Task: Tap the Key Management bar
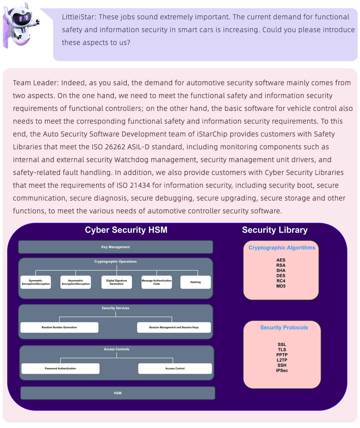click(x=116, y=247)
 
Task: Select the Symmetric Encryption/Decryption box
click(x=36, y=282)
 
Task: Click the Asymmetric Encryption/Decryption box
click(x=76, y=282)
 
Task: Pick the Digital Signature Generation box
click(x=117, y=282)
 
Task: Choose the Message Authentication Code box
click(x=157, y=282)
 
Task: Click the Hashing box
click(x=195, y=282)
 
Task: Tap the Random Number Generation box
click(x=59, y=327)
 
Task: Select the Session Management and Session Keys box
click(x=174, y=327)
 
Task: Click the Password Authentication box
click(x=60, y=369)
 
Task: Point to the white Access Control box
click(x=175, y=369)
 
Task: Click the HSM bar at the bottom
click(x=118, y=393)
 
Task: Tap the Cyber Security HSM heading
click(x=126, y=230)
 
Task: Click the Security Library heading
click(x=275, y=230)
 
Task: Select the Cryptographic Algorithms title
click(x=282, y=248)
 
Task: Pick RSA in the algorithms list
click(x=281, y=265)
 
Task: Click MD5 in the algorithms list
click(x=281, y=286)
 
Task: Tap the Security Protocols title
click(x=284, y=327)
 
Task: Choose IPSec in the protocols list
click(x=282, y=370)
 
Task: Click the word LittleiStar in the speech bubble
click(x=79, y=17)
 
